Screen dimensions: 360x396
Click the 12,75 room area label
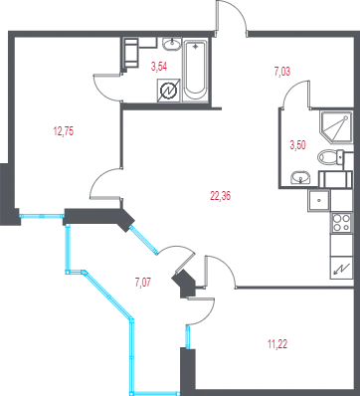click(x=64, y=131)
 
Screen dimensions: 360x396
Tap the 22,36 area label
click(x=220, y=196)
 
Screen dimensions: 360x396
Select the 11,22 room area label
click(x=277, y=344)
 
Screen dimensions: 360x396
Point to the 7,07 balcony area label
click(x=143, y=283)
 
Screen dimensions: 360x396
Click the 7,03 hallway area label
click(x=282, y=72)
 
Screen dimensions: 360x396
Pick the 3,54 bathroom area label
click(x=159, y=67)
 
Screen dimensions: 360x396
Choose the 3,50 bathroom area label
click(x=297, y=145)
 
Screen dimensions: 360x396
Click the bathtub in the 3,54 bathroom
click(x=195, y=71)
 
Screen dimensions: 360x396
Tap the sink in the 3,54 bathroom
click(x=172, y=44)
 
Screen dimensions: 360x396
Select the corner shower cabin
click(x=336, y=127)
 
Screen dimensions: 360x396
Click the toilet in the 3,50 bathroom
click(x=331, y=157)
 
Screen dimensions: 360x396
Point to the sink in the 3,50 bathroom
click(x=300, y=178)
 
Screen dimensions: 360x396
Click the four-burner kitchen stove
click(x=341, y=223)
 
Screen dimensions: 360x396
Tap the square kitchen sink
click(x=319, y=201)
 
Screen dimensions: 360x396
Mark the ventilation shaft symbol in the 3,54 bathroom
click(x=169, y=91)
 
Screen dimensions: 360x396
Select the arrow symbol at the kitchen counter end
click(x=341, y=268)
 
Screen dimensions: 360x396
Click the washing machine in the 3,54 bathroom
click(x=130, y=53)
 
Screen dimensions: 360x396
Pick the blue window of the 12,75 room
click(x=42, y=216)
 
